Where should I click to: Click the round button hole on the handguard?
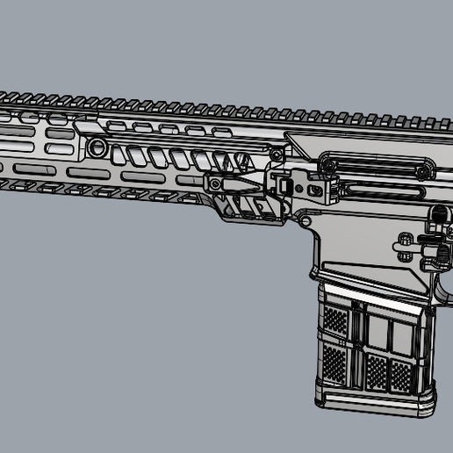click(97, 146)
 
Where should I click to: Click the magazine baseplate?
click(373, 403)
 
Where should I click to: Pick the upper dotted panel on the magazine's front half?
click(337, 320)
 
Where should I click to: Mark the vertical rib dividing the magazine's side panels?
click(358, 347)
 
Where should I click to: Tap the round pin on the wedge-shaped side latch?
click(214, 183)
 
